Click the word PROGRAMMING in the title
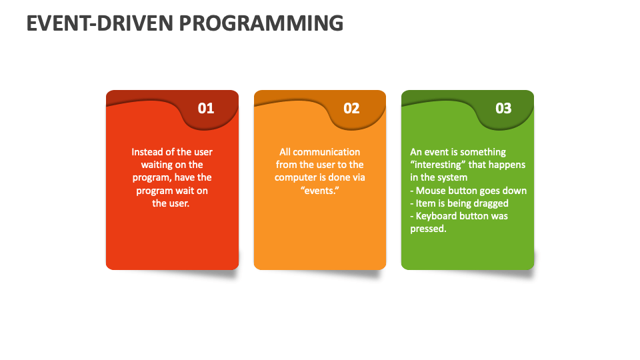click(x=261, y=23)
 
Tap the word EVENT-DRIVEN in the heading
click(x=100, y=23)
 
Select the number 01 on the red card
click(x=206, y=108)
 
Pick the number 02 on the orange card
click(x=351, y=108)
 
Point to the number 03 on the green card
click(x=503, y=108)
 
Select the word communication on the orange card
click(x=327, y=152)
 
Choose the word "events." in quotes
click(x=319, y=191)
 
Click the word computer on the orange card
click(x=295, y=177)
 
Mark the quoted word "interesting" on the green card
click(x=438, y=165)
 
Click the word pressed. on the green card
click(x=428, y=229)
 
